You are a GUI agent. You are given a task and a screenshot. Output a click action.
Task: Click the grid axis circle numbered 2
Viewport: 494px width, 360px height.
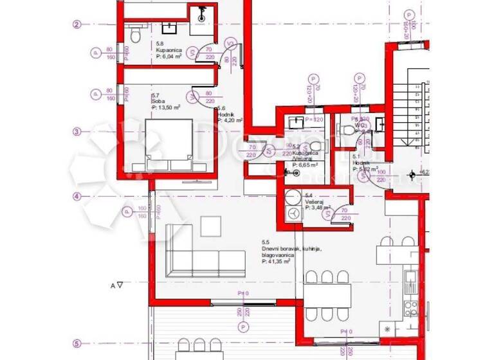(76, 24)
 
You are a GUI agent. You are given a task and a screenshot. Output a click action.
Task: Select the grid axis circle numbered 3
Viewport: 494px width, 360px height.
(76, 132)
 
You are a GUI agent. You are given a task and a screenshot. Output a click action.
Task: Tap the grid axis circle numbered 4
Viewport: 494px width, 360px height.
(76, 197)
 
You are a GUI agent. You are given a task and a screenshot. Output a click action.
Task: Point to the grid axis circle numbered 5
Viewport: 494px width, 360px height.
(76, 343)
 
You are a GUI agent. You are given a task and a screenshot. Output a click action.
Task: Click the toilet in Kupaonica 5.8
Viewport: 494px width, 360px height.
(133, 30)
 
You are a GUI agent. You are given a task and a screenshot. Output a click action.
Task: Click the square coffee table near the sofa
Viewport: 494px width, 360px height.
(210, 226)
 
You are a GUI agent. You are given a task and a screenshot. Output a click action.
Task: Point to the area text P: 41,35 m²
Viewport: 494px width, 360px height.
(277, 262)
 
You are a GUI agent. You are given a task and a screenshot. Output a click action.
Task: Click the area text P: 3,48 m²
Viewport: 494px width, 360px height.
(318, 208)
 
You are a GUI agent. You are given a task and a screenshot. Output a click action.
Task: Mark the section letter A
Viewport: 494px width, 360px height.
(113, 284)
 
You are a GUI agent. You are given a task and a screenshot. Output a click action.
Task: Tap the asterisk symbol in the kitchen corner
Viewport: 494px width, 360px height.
(387, 330)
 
